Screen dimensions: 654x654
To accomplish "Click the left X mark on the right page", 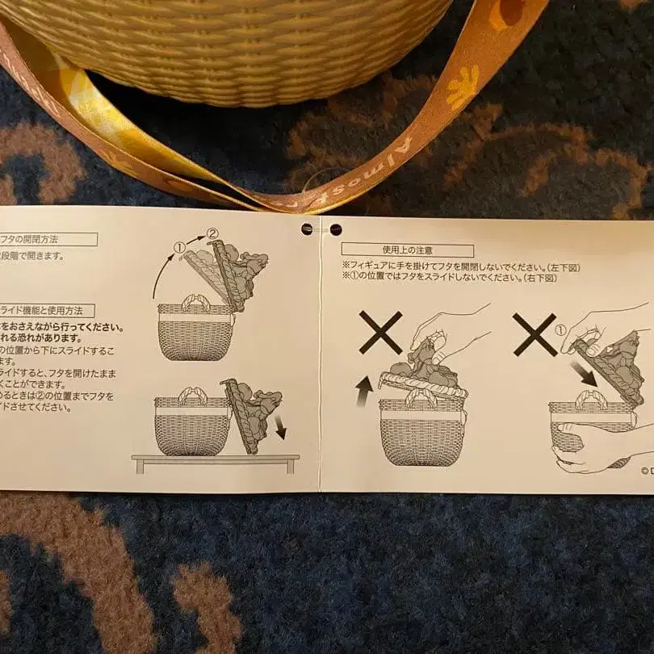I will pyautogui.click(x=380, y=332).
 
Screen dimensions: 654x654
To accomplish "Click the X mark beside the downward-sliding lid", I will pyautogui.click(x=535, y=333).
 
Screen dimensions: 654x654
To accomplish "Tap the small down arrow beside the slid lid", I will pyautogui.click(x=280, y=427).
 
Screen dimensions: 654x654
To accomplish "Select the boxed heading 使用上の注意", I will pyautogui.click(x=407, y=250).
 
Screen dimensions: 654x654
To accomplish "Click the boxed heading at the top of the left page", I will pyautogui.click(x=48, y=239).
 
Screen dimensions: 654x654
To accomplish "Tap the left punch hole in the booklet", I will pyautogui.click(x=308, y=229).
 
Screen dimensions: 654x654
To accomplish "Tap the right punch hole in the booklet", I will pyautogui.click(x=336, y=229).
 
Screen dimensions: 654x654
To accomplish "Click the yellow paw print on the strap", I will pyautogui.click(x=463, y=86).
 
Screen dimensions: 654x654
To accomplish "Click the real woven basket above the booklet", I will pyautogui.click(x=234, y=44).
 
